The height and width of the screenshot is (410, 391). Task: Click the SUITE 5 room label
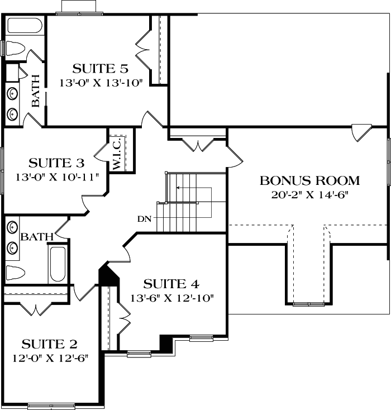[101, 69]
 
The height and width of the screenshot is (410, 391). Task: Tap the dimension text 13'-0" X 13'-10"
[102, 83]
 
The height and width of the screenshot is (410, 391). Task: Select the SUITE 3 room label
[56, 163]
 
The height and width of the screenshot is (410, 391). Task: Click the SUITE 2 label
[50, 343]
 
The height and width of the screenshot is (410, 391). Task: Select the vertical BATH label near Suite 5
[35, 90]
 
